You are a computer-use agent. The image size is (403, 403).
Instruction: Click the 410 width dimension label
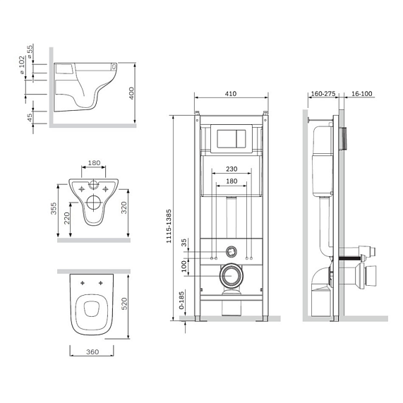coord(231,94)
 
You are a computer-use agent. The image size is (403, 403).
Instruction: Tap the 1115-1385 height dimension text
coord(169,226)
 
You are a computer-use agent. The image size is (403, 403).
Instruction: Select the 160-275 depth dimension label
coord(323,94)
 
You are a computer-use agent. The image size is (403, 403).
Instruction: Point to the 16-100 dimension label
coord(361,94)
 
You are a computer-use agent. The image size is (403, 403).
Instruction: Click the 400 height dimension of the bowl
coord(131,93)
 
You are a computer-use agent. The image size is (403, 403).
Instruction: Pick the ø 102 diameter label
coord(22,65)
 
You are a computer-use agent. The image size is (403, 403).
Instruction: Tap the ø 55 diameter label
coord(30,52)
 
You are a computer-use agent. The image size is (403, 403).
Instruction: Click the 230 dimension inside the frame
coord(231,169)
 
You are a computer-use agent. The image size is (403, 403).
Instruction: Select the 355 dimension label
coord(54,209)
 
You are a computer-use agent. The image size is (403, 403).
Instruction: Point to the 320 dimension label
coord(124,207)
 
